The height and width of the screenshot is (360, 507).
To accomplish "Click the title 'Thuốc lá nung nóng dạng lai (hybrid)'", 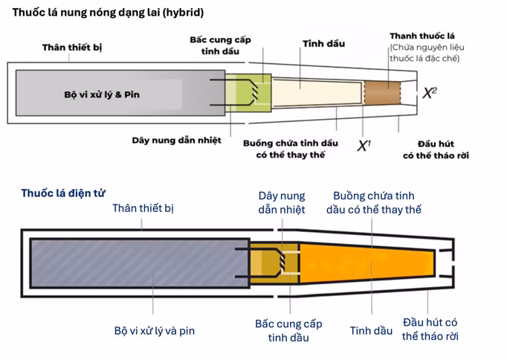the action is pyautogui.click(x=108, y=13).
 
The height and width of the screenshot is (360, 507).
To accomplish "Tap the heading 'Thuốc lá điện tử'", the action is pyautogui.click(x=63, y=193).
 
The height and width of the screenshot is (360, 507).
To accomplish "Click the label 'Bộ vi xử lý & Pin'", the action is pyautogui.click(x=102, y=94).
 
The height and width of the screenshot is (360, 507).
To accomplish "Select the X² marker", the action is pyautogui.click(x=430, y=93).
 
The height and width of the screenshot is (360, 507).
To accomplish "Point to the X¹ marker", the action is pyautogui.click(x=364, y=146).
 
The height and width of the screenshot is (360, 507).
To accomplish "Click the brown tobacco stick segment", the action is pyautogui.click(x=383, y=93).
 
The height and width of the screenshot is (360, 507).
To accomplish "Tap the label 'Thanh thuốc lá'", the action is pyautogui.click(x=422, y=36).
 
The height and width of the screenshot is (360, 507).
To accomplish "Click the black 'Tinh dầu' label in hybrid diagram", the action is pyautogui.click(x=323, y=44).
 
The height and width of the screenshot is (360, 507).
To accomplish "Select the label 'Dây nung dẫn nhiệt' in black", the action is pyautogui.click(x=176, y=141).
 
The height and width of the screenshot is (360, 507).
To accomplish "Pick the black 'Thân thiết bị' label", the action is pyautogui.click(x=72, y=48).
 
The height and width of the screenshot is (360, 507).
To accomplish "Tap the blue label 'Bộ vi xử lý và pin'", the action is pyautogui.click(x=155, y=330).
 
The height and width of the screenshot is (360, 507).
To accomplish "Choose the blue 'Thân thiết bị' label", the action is pyautogui.click(x=143, y=208).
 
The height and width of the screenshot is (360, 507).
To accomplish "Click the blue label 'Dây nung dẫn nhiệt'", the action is pyautogui.click(x=282, y=202).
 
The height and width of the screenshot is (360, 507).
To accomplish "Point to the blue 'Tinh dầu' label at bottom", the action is pyautogui.click(x=371, y=330).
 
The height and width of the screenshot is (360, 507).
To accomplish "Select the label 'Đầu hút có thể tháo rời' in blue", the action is pyautogui.click(x=430, y=330).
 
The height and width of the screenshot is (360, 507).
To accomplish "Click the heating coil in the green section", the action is pyautogui.click(x=255, y=92).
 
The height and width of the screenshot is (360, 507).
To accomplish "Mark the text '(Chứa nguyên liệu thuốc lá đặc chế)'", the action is pyautogui.click(x=427, y=53).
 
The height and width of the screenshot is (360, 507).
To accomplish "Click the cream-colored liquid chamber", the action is pyautogui.click(x=317, y=93).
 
